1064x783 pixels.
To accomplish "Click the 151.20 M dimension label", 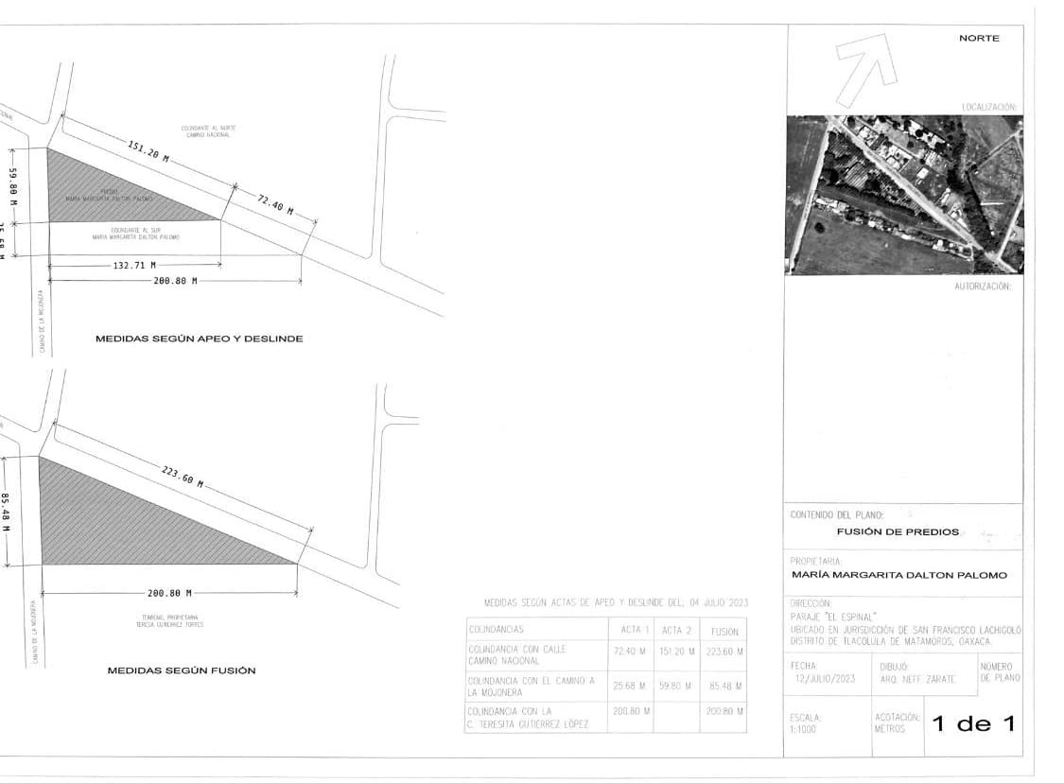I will tap(148, 152).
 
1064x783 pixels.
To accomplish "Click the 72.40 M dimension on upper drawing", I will tap(275, 202).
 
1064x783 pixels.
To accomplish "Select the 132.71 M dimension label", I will tap(134, 266).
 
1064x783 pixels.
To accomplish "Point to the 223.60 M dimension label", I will tap(183, 476).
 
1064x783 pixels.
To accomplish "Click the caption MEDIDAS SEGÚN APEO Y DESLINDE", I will tap(199, 339).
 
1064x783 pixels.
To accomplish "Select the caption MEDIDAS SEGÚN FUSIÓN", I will tap(182, 670).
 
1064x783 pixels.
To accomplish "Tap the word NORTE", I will tap(978, 38).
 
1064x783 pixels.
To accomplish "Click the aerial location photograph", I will tap(903, 195).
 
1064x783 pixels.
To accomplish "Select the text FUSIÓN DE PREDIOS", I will tap(897, 531).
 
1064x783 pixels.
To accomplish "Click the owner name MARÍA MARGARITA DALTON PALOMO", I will tap(898, 575).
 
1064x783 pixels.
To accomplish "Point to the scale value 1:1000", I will tap(806, 729).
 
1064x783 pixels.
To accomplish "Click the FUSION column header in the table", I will tap(724, 631).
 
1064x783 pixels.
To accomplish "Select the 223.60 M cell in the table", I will tap(724, 652).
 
